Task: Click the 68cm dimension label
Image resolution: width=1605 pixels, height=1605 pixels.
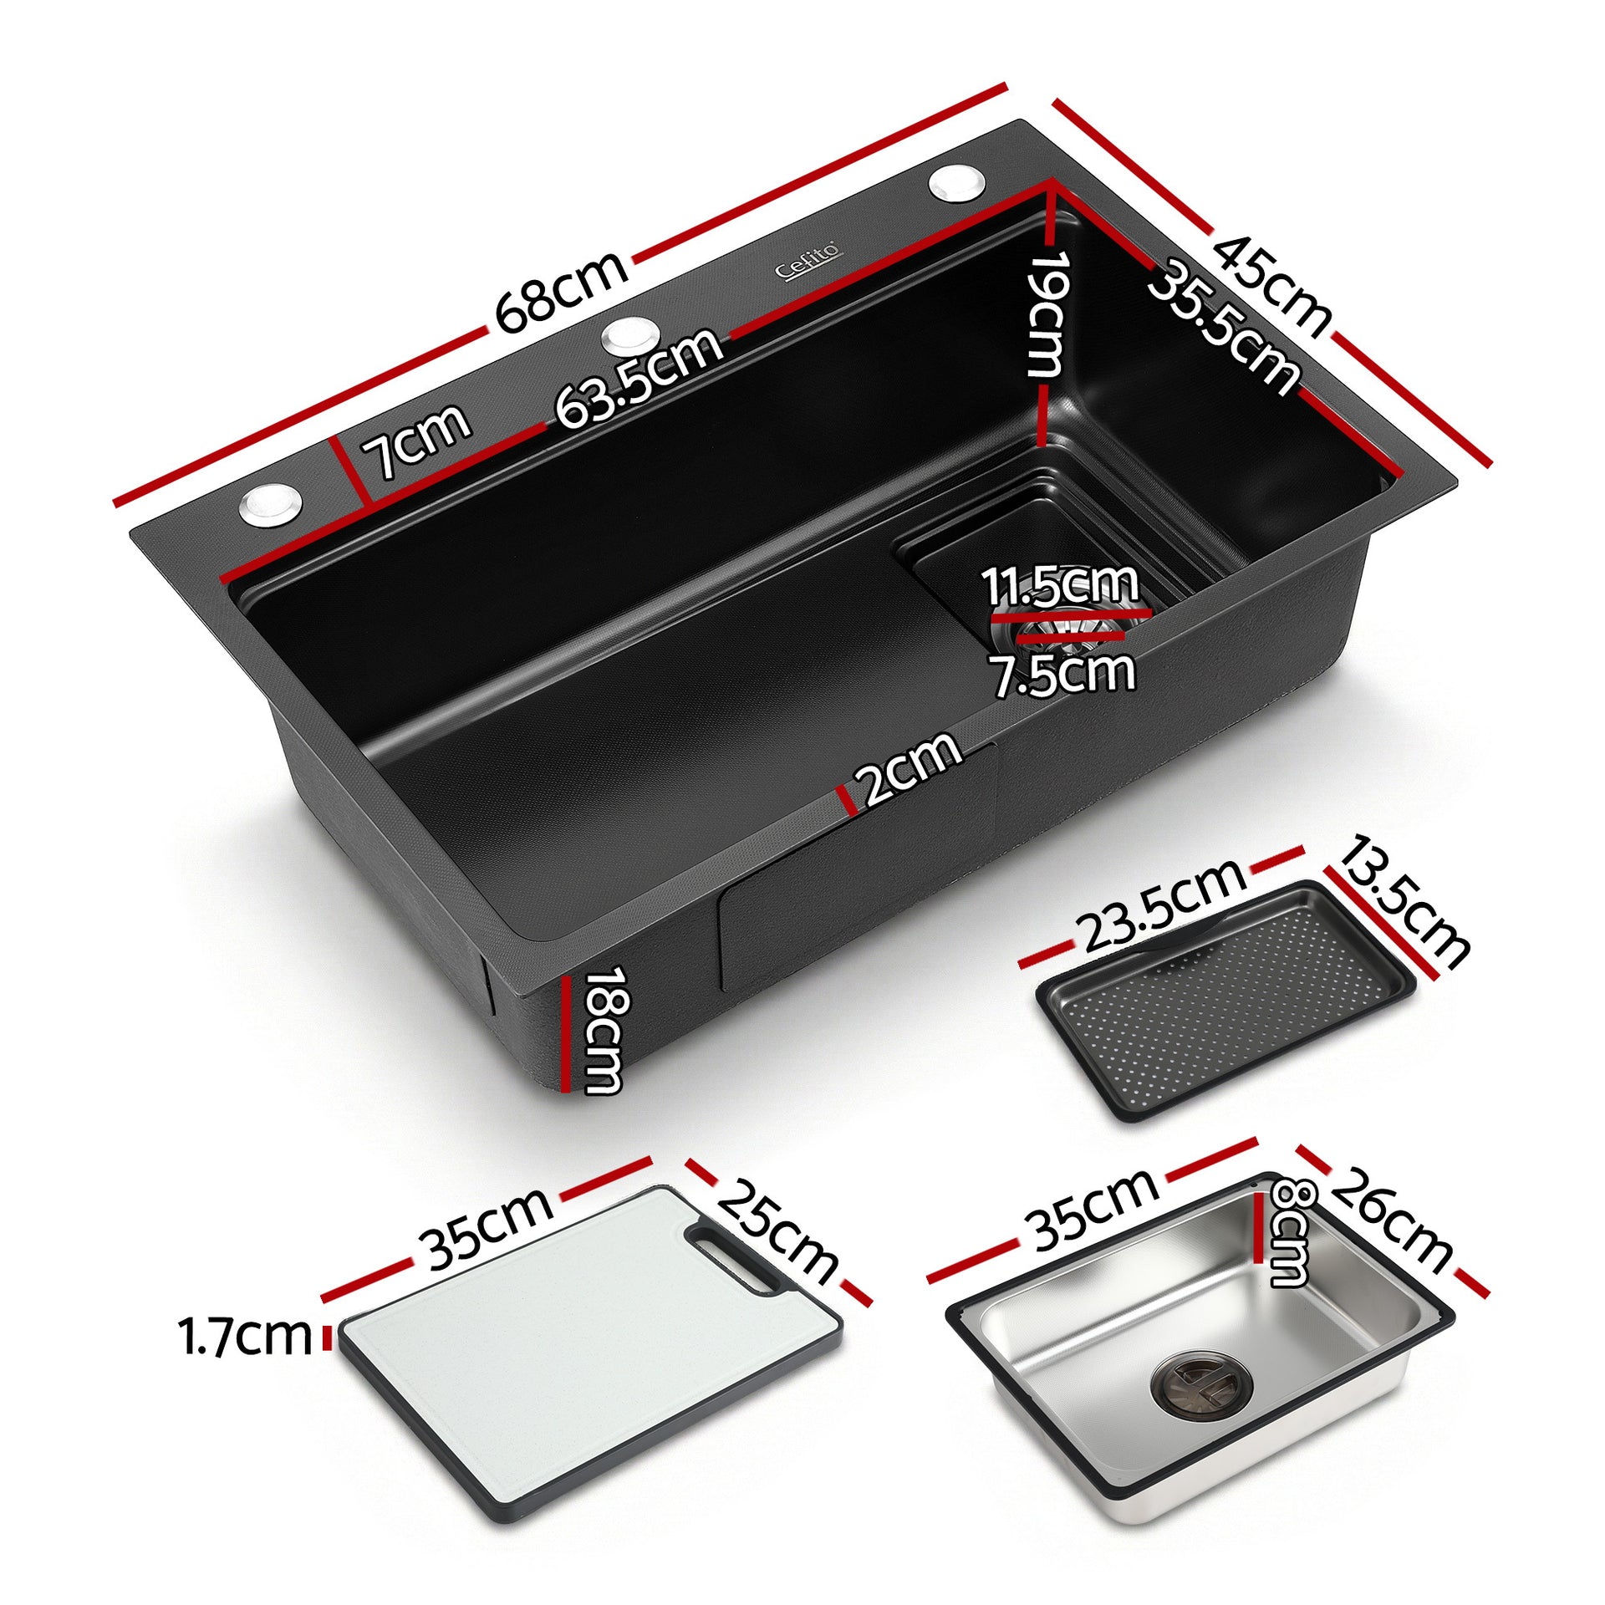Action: [x=561, y=291]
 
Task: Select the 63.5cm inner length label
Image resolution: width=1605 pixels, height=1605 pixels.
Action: [x=639, y=379]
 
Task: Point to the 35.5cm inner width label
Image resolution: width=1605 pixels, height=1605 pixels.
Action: [x=1225, y=326]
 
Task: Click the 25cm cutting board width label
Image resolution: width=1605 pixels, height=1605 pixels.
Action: [x=777, y=1233]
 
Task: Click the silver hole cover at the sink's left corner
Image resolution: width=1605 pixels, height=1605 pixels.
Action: [x=271, y=504]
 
